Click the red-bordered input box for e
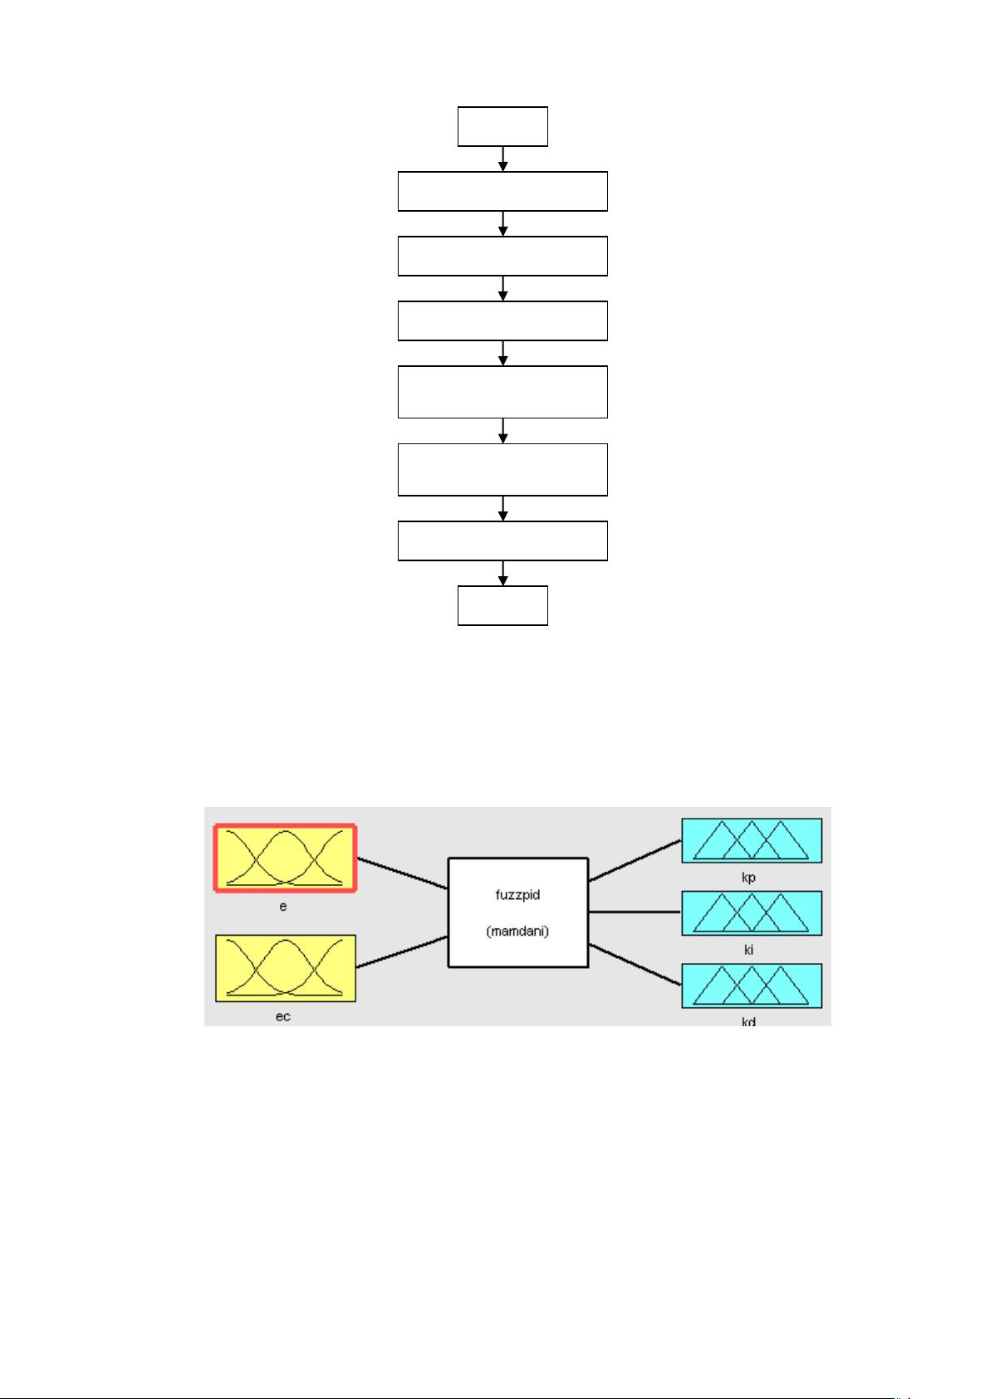pos(286,858)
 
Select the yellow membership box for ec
pos(286,967)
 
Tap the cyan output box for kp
pos(752,840)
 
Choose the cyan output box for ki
pos(752,912)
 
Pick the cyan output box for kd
pos(752,986)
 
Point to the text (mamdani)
pos(518,932)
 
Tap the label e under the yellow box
pos(283,907)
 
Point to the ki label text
pos(748,950)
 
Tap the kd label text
pos(748,1022)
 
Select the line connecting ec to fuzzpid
pos(402,951)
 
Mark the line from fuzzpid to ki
pos(635,912)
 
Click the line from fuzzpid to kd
pos(635,965)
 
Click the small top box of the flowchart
pos(502,126)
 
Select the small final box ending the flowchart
pos(502,605)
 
